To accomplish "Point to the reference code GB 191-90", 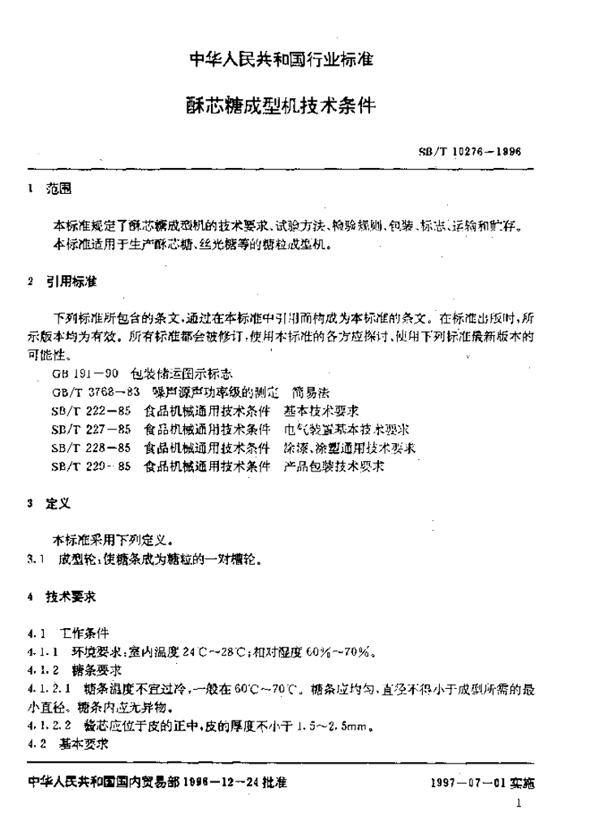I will (x=85, y=374).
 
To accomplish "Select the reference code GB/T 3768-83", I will (x=92, y=390).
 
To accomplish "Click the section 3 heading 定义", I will (x=59, y=504).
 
